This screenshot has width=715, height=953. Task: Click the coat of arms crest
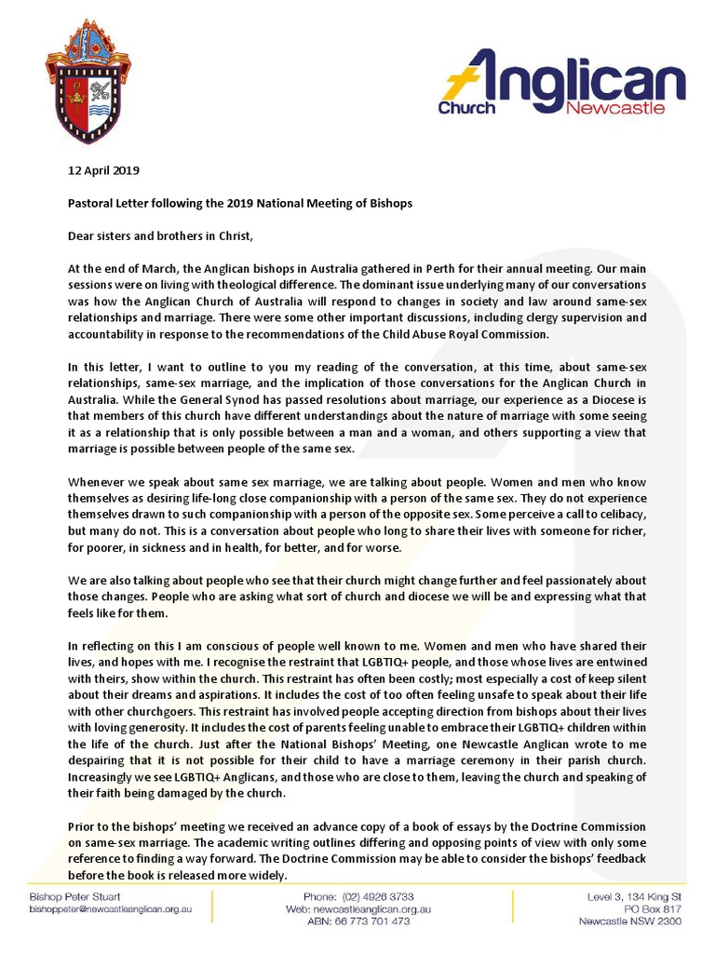point(88,79)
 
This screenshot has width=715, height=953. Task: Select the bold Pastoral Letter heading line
point(240,203)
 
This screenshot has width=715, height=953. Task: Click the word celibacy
point(636,514)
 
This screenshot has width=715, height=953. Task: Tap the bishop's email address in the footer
point(111,909)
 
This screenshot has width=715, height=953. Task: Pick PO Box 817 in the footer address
point(655,909)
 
